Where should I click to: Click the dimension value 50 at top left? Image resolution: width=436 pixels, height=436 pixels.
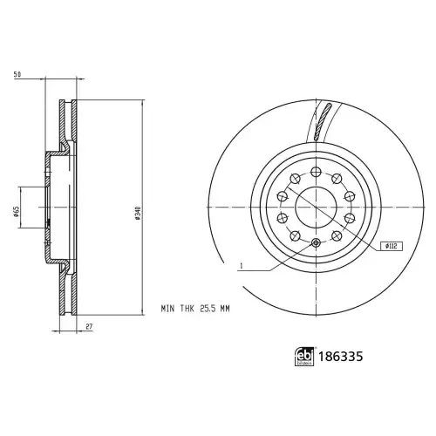point(17,74)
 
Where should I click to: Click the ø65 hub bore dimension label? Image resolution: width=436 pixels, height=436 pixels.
point(17,211)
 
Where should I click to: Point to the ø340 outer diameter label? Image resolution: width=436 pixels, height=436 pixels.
point(138,213)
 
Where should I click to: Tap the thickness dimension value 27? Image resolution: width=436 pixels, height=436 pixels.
point(89,326)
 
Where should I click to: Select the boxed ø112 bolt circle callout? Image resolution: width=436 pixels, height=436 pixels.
point(392,247)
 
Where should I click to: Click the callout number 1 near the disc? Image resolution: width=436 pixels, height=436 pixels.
point(241,266)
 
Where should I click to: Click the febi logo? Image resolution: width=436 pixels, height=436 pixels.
point(305,356)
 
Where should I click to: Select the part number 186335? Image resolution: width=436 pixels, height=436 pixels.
point(341,357)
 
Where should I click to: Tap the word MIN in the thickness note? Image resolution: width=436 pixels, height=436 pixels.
point(167,309)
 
